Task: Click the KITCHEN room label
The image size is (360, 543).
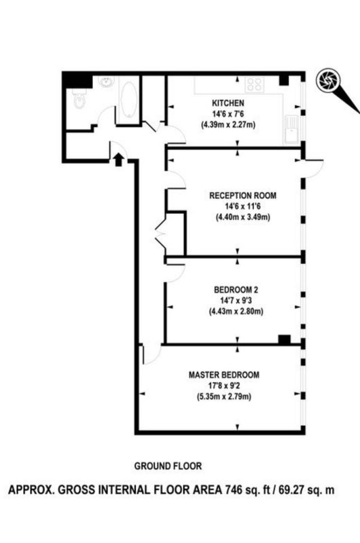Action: coord(228,103)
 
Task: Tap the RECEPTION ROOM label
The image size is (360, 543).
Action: coord(243,195)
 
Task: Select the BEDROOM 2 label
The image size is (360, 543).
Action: coord(236,290)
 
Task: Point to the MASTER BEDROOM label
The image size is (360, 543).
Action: coord(224,375)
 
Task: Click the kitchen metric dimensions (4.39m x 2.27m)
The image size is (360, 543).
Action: coord(228,125)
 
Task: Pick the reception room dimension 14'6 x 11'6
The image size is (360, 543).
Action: coord(243,206)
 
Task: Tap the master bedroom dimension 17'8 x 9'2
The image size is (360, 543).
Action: coord(224,386)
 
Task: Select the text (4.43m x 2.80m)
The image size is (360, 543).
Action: coord(236,312)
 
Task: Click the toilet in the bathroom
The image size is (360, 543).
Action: coord(79,98)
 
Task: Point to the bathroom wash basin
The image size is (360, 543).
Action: coord(106,82)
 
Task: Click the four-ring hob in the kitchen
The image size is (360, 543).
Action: coord(255,85)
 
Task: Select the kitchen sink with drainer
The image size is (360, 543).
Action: coord(291,130)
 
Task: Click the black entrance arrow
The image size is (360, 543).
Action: coord(118,160)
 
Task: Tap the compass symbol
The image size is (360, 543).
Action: coord(328,80)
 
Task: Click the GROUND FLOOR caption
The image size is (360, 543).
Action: coord(168,466)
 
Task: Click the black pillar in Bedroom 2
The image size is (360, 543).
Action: coord(285,339)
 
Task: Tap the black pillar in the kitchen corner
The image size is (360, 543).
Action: coord(284,80)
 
